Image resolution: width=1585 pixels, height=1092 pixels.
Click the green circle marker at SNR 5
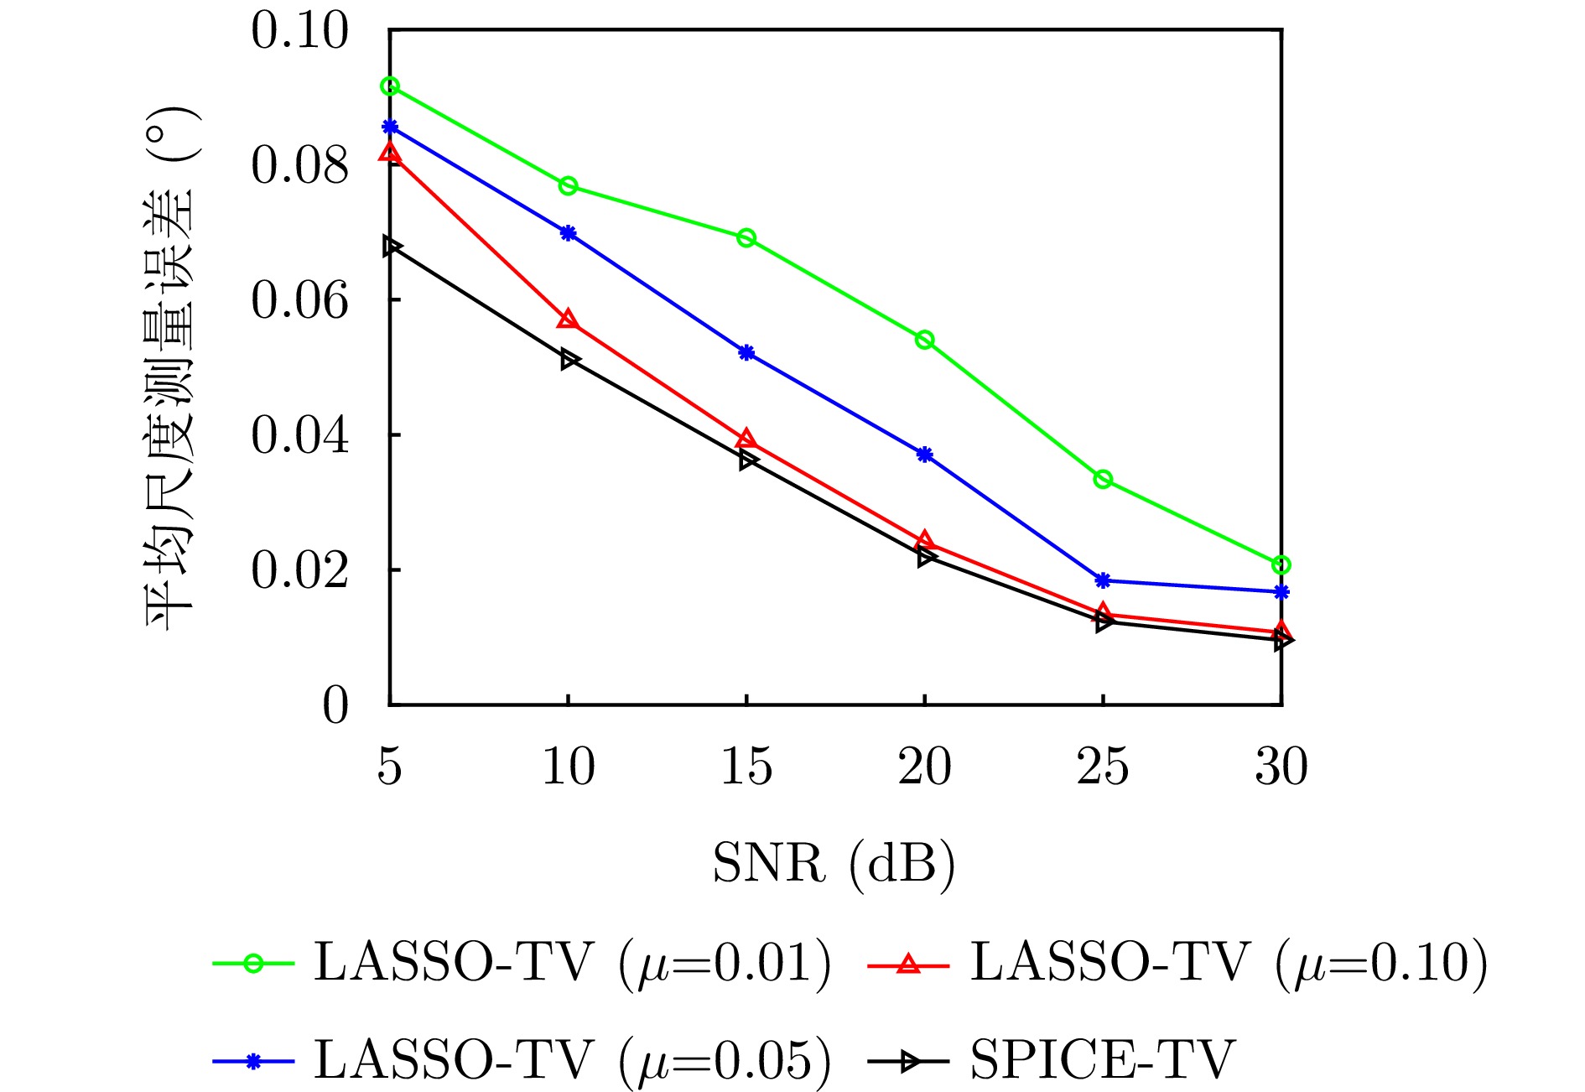[x=390, y=86]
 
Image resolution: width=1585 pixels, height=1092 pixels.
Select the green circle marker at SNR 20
[x=925, y=340]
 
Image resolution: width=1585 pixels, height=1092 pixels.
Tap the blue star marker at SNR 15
[x=746, y=352]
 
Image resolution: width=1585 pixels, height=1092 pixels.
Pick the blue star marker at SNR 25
[x=1103, y=580]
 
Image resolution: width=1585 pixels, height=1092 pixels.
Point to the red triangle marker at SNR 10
[x=568, y=320]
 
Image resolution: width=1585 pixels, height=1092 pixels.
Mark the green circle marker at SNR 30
[x=1281, y=564]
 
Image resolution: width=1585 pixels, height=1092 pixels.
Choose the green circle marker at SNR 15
[x=746, y=238]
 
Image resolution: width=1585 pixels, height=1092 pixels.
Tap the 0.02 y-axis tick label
[x=299, y=570]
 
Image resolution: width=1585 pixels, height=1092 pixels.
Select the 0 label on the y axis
[x=335, y=705]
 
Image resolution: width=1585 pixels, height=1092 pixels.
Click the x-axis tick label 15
[x=746, y=767]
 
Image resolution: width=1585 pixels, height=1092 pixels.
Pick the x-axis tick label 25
[x=1103, y=767]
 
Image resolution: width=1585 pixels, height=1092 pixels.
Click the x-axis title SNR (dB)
[x=834, y=863]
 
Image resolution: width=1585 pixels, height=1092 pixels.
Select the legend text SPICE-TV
[x=1103, y=1060]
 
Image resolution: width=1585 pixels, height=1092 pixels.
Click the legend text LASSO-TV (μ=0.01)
[x=573, y=962]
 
